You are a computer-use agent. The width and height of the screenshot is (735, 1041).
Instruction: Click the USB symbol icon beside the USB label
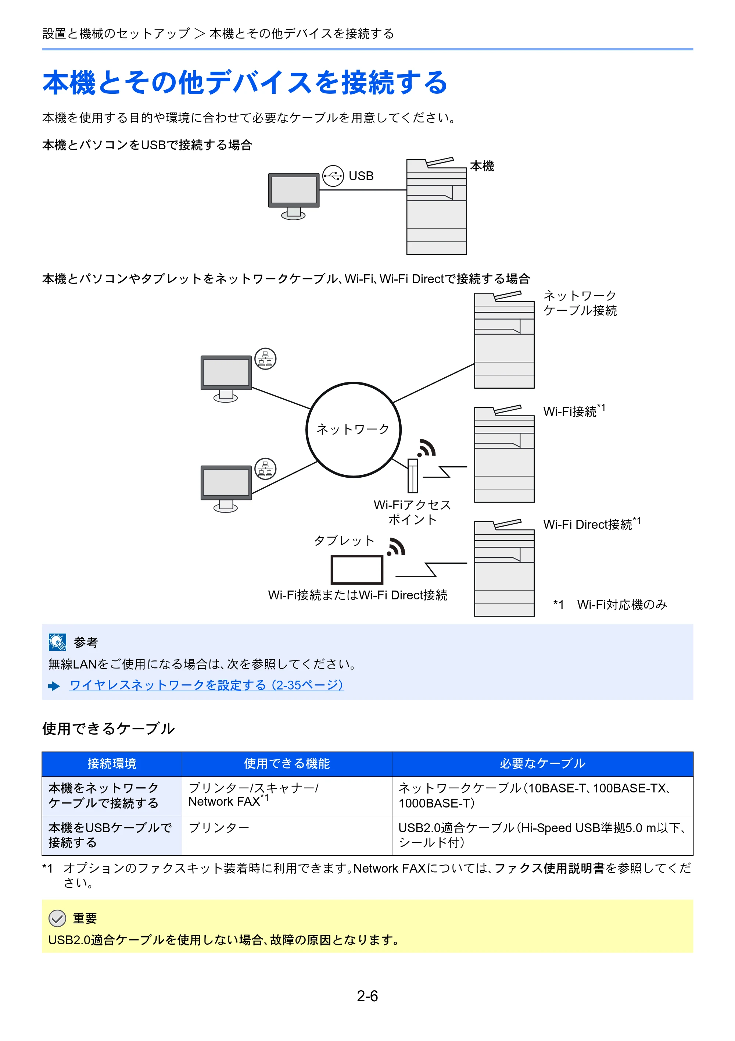[x=333, y=176]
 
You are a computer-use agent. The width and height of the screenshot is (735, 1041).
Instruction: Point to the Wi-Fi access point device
[x=412, y=475]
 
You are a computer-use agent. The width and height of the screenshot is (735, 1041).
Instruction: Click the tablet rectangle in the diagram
[x=357, y=570]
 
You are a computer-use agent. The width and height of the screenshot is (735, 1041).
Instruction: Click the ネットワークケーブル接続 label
[x=580, y=303]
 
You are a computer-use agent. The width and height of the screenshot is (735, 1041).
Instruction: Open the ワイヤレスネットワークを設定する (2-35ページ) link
[x=207, y=685]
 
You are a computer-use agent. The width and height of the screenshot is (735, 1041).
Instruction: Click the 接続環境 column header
[x=112, y=763]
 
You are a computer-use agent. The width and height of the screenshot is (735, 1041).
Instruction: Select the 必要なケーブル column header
[x=542, y=763]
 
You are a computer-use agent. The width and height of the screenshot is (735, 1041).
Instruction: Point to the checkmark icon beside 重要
[x=57, y=918]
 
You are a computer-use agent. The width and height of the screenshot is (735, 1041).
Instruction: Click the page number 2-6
[x=367, y=996]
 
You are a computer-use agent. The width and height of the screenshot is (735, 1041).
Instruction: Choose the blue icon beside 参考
[x=58, y=642]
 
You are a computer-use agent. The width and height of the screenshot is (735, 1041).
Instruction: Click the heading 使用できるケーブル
[x=108, y=728]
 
